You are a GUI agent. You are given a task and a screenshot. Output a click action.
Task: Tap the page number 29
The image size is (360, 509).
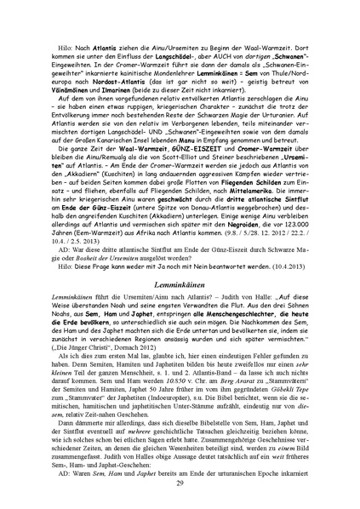click(x=180, y=483)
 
